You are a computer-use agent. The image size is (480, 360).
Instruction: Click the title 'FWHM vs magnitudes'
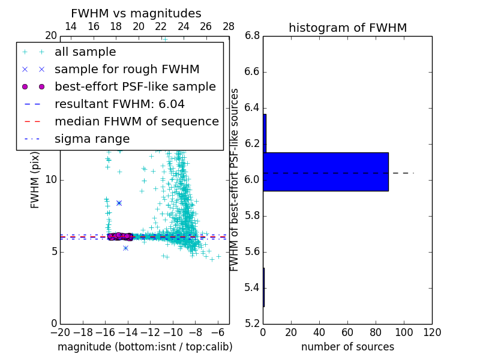[136, 13]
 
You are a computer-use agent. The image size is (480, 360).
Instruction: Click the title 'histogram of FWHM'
[347, 28]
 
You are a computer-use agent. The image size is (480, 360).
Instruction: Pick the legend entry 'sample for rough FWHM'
[127, 69]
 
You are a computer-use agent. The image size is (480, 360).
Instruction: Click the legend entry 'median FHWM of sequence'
[136, 121]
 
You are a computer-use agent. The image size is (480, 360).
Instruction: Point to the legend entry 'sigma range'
[92, 139]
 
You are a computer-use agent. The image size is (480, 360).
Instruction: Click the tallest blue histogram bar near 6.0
[326, 172]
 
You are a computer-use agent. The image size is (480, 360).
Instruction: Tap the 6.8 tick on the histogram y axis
[253, 36]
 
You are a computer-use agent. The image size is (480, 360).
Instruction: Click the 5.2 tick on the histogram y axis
[253, 323]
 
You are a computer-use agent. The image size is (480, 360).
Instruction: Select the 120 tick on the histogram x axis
[432, 332]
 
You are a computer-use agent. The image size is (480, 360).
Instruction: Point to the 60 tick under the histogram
[347, 332]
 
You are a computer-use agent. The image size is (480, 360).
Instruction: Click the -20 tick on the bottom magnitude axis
[60, 332]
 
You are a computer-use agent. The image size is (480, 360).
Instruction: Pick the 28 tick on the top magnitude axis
[229, 26]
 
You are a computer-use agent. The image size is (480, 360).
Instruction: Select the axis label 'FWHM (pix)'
[35, 179]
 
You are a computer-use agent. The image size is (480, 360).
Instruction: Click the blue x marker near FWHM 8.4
[119, 203]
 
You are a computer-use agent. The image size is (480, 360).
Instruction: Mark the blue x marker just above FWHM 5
[125, 248]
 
